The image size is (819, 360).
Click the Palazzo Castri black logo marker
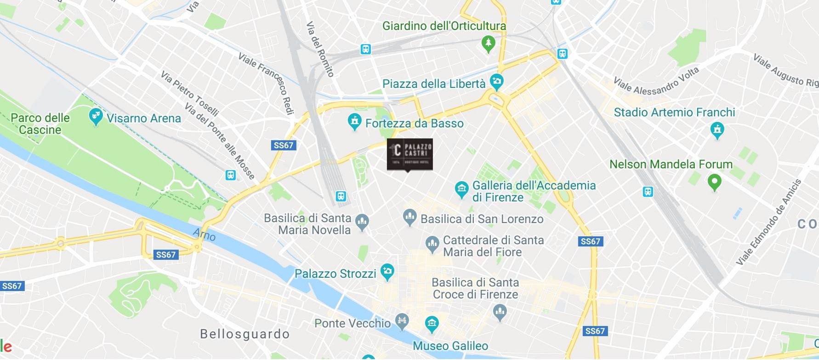point(409,154)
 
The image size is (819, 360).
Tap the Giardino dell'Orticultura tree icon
point(488,44)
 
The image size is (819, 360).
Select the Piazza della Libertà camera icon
point(496,82)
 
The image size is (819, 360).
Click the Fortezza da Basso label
point(414,123)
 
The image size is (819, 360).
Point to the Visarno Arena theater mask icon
point(95,117)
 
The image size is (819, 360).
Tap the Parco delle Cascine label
point(40,124)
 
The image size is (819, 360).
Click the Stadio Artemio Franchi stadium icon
point(717,130)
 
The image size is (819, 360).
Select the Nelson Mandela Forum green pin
point(714,182)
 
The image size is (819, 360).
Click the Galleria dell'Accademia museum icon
point(461,189)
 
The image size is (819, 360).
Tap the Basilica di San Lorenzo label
point(482,219)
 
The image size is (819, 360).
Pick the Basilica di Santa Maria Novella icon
point(362,223)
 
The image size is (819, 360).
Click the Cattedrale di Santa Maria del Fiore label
point(493,246)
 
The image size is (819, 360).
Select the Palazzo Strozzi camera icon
point(387,272)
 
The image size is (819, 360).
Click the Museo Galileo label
point(450,346)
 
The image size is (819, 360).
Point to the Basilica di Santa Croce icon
point(500,313)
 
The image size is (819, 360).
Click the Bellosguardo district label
point(245,334)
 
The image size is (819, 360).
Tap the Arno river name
point(205,234)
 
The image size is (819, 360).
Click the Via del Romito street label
point(320,49)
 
